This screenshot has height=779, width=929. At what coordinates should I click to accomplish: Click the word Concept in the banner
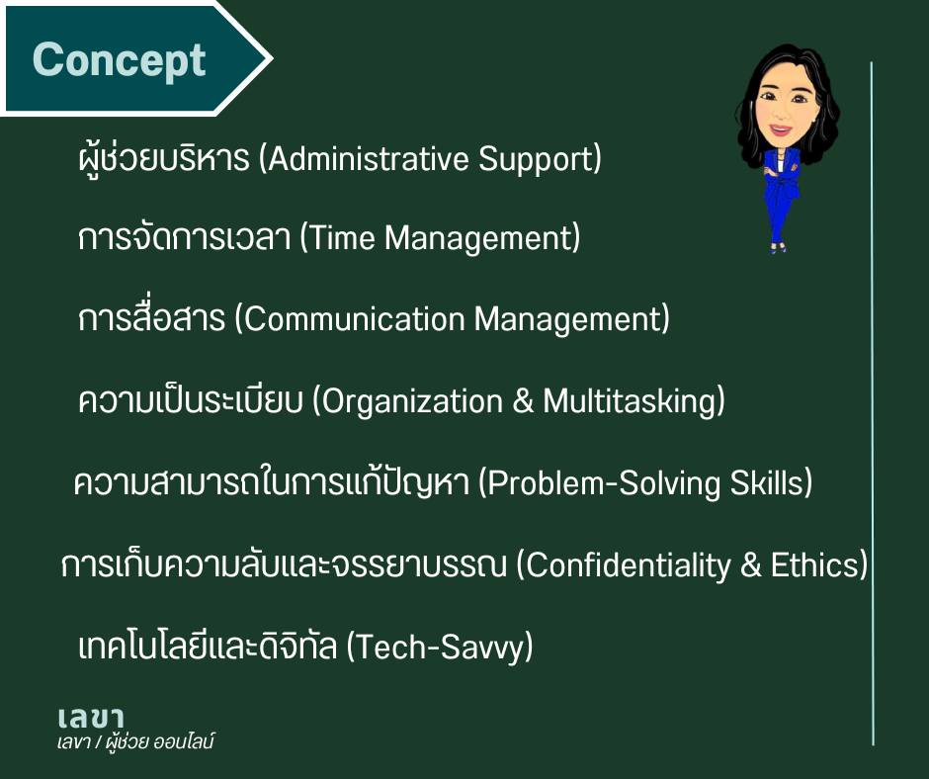point(119,61)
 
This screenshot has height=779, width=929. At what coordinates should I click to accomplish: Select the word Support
point(537,160)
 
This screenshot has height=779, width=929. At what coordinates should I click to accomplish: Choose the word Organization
point(407,402)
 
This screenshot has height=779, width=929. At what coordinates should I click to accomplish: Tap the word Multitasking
point(631,402)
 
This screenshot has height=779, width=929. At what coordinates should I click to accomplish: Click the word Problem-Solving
point(598,483)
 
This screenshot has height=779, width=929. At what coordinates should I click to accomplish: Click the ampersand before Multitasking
point(523,400)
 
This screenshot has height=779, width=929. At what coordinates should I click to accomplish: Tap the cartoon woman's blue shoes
point(778,246)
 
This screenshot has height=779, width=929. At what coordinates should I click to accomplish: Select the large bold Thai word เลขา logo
point(91,719)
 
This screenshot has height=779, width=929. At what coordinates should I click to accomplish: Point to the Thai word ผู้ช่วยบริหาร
point(163,159)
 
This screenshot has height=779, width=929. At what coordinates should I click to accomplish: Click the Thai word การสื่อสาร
point(151,317)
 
